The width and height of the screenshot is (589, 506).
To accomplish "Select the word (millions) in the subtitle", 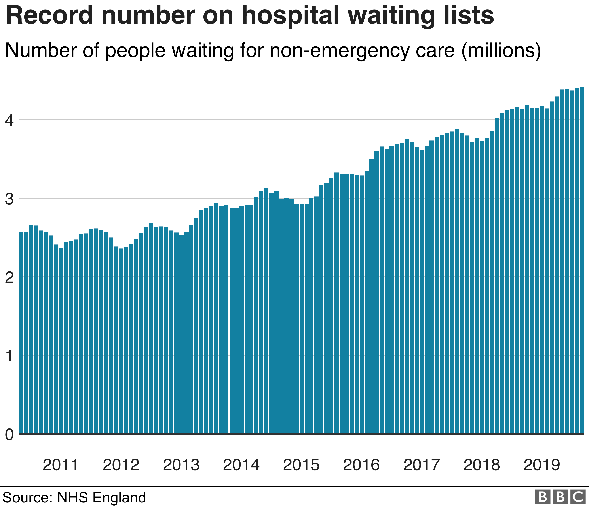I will pyautogui.click(x=501, y=51).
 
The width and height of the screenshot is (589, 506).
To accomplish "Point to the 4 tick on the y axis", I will pyautogui.click(x=9, y=120).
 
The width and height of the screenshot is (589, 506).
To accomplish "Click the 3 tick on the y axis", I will pyautogui.click(x=9, y=199).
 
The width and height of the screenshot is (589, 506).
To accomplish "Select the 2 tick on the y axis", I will pyautogui.click(x=9, y=277).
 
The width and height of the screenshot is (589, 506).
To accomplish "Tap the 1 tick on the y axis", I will pyautogui.click(x=9, y=356).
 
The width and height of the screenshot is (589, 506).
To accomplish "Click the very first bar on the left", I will pyautogui.click(x=21, y=332).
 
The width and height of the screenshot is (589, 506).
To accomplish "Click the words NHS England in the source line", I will pyautogui.click(x=101, y=497).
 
